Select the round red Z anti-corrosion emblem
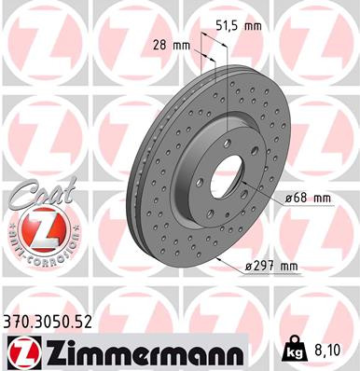(x=37, y=228)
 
